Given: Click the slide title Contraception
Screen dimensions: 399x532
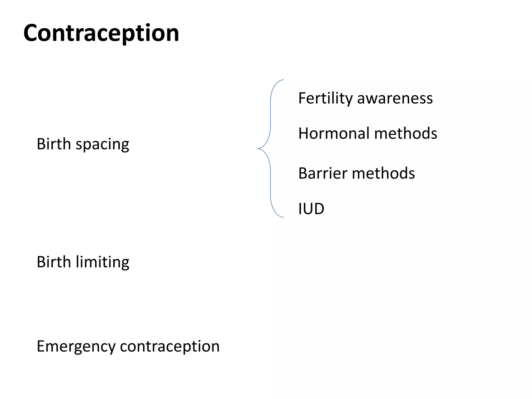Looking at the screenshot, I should pos(101,33).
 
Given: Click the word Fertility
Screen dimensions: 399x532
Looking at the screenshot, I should pos(325,98).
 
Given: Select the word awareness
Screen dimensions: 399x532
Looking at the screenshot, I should pos(395,98).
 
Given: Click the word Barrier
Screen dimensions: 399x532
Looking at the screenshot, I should pos(322,173).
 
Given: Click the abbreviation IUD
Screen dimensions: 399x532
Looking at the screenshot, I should pos(311,209).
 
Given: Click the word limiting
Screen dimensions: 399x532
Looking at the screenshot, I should pos(102,262).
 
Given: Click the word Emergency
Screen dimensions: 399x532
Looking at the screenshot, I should pos(76,347).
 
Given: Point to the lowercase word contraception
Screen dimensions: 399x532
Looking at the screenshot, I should pos(170,346).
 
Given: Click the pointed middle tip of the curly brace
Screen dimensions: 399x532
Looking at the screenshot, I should pos(258,148).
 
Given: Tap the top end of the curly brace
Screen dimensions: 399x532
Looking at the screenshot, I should pos(283,80).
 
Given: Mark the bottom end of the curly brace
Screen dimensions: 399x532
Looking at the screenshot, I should pos(283,217).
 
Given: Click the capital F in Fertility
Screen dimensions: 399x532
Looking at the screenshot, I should pos(302,98).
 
